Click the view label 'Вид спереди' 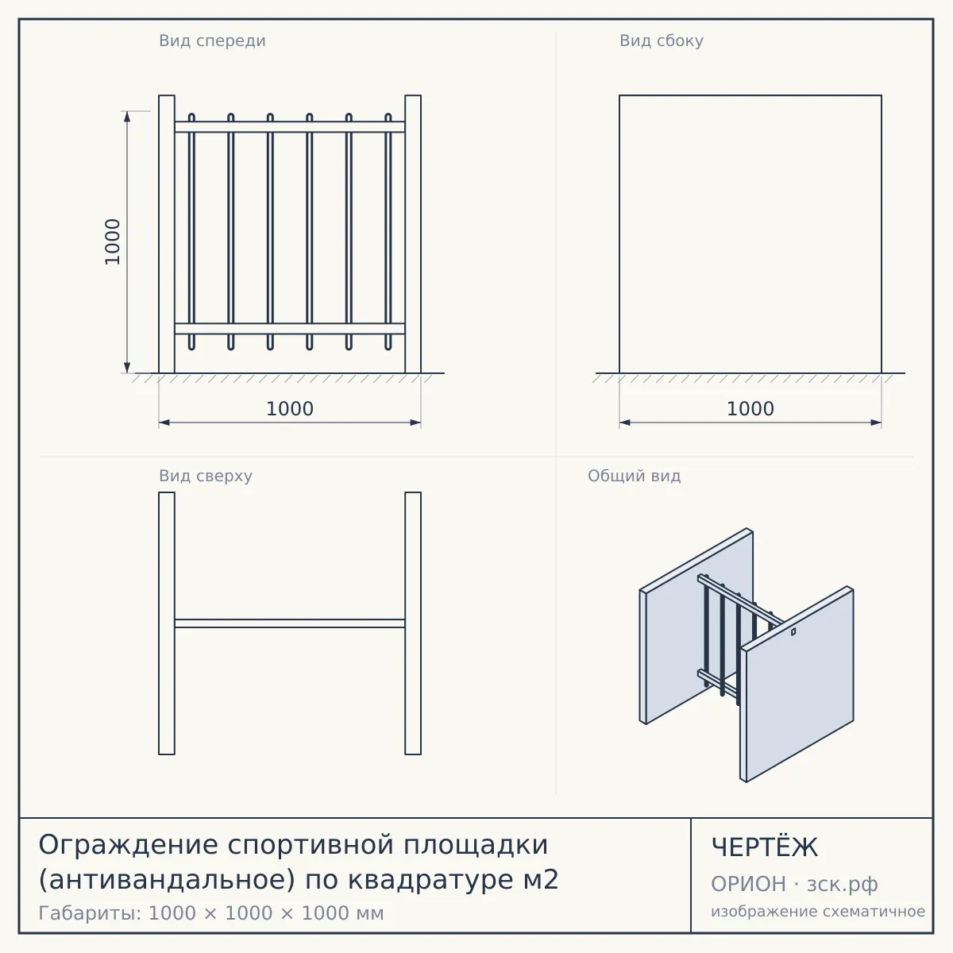click(x=212, y=41)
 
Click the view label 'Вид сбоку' click(x=662, y=41)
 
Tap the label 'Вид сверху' click(x=206, y=476)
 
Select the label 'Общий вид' click(x=634, y=476)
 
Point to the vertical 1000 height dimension click(x=113, y=242)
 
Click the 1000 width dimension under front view click(x=290, y=409)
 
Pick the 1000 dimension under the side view click(x=750, y=409)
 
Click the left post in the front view click(x=167, y=234)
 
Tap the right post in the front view click(x=413, y=234)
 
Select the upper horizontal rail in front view click(x=290, y=127)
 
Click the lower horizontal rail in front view click(x=290, y=329)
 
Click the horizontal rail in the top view click(x=290, y=623)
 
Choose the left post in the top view click(x=167, y=623)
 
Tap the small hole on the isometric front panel click(x=793, y=631)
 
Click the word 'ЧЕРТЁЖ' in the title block click(x=765, y=847)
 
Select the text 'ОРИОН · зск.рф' click(x=794, y=884)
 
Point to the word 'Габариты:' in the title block click(x=90, y=913)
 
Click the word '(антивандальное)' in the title click(x=167, y=880)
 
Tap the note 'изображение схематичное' click(x=818, y=911)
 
